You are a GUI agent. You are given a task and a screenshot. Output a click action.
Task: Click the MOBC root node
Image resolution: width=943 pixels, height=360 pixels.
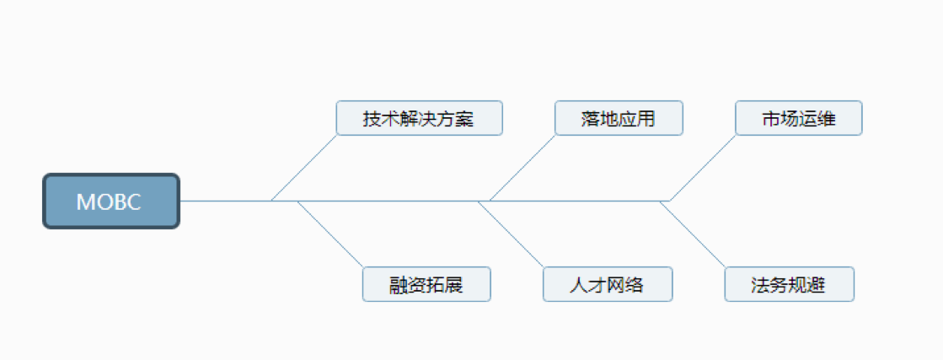pyautogui.click(x=111, y=201)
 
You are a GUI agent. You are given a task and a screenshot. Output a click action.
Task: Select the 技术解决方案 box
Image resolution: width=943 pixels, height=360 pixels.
pyautogui.click(x=419, y=118)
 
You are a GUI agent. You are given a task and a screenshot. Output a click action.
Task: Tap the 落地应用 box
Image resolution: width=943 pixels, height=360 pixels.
pyautogui.click(x=619, y=118)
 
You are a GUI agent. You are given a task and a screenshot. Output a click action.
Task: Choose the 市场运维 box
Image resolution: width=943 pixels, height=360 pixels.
pyautogui.click(x=799, y=118)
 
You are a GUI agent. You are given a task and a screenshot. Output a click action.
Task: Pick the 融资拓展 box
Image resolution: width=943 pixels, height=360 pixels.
pyautogui.click(x=426, y=284)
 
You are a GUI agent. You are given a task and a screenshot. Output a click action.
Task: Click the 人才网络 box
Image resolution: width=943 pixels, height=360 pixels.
pyautogui.click(x=608, y=284)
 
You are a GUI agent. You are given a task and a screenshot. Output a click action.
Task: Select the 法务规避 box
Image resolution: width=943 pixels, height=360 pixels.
pyautogui.click(x=789, y=284)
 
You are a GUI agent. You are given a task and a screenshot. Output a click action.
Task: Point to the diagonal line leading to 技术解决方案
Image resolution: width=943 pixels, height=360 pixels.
pyautogui.click(x=303, y=168)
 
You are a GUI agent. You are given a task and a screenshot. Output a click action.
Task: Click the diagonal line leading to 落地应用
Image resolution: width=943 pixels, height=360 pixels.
pyautogui.click(x=522, y=168)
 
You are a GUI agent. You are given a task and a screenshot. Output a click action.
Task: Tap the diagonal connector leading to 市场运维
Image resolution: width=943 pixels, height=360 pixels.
pyautogui.click(x=703, y=168)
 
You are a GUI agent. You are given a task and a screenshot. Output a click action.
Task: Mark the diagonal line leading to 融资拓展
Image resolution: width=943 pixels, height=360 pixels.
pyautogui.click(x=330, y=234)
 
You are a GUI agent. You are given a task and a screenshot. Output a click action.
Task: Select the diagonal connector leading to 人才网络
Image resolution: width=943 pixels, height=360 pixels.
pyautogui.click(x=511, y=234)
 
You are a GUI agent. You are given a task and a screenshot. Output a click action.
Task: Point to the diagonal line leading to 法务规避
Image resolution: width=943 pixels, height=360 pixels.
pyautogui.click(x=692, y=234)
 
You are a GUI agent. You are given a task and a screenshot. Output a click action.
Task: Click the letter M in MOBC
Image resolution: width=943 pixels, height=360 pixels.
pyautogui.click(x=85, y=201)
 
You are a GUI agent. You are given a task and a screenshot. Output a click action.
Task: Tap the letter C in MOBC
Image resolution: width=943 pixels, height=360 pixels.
pyautogui.click(x=134, y=201)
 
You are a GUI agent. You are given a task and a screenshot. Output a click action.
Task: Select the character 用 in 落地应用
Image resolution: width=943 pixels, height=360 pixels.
pyautogui.click(x=646, y=119)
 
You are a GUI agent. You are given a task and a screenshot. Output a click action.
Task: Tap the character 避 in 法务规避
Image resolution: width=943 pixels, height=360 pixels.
pyautogui.click(x=817, y=285)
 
